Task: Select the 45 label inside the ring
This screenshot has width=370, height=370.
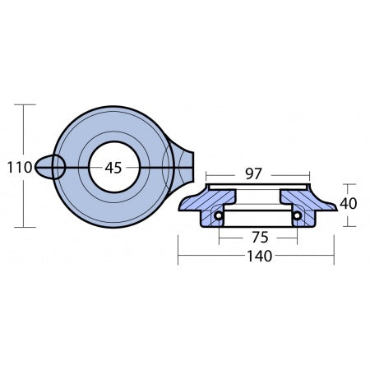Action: (113, 167)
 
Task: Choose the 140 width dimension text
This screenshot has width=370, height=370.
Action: (257, 256)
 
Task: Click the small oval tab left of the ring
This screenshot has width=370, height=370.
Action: (50, 167)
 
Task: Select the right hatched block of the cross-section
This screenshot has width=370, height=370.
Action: (304, 205)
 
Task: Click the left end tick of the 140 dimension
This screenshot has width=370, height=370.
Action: (179, 256)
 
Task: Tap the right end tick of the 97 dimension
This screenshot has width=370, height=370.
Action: (311, 173)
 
